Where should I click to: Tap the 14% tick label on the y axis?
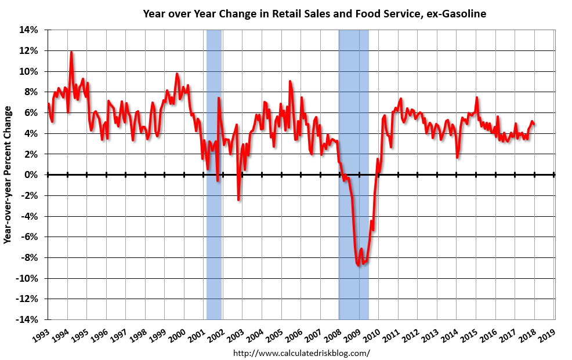[x=30, y=30]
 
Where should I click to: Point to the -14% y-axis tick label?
[x=27, y=320]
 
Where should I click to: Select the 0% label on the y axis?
[x=32, y=174]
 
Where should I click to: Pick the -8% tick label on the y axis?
[x=30, y=258]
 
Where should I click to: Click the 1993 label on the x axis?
[x=41, y=334]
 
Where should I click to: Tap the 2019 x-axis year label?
[x=547, y=334]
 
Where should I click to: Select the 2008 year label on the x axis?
[x=333, y=334]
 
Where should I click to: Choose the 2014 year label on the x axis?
[x=450, y=334]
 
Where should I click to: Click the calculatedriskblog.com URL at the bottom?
[x=301, y=352]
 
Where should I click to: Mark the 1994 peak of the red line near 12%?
[x=71, y=52]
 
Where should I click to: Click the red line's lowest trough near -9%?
[x=359, y=265]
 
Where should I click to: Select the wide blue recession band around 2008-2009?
[x=354, y=116]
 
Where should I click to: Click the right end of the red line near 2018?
[x=534, y=123]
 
